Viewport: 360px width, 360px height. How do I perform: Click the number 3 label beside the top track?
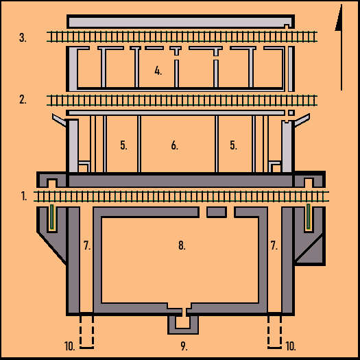(x=23, y=38)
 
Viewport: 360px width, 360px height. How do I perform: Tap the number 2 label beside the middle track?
(x=23, y=99)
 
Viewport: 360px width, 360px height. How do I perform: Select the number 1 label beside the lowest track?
(x=24, y=196)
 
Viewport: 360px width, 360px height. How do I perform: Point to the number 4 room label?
(x=158, y=71)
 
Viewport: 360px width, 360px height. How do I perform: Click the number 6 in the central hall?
(x=174, y=145)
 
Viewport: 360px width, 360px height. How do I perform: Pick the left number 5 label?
(x=123, y=145)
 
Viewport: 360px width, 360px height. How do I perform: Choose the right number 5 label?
(x=234, y=145)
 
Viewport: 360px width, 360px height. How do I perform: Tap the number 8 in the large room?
(x=182, y=245)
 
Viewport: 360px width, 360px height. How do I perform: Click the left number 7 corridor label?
(x=87, y=245)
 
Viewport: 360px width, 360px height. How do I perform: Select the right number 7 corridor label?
(x=274, y=245)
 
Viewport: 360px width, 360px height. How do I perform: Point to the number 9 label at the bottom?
(x=184, y=346)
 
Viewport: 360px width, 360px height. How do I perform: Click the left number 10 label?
(x=69, y=346)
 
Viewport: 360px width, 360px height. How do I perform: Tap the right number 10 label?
(x=291, y=346)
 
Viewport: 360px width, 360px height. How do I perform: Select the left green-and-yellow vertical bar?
(x=52, y=217)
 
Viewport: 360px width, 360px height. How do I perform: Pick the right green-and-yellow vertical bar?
(x=309, y=217)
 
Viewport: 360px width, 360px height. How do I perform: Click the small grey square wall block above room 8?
(x=217, y=212)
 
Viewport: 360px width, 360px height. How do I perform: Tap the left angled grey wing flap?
(x=59, y=120)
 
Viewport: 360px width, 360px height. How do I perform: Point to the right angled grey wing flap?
(x=302, y=120)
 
